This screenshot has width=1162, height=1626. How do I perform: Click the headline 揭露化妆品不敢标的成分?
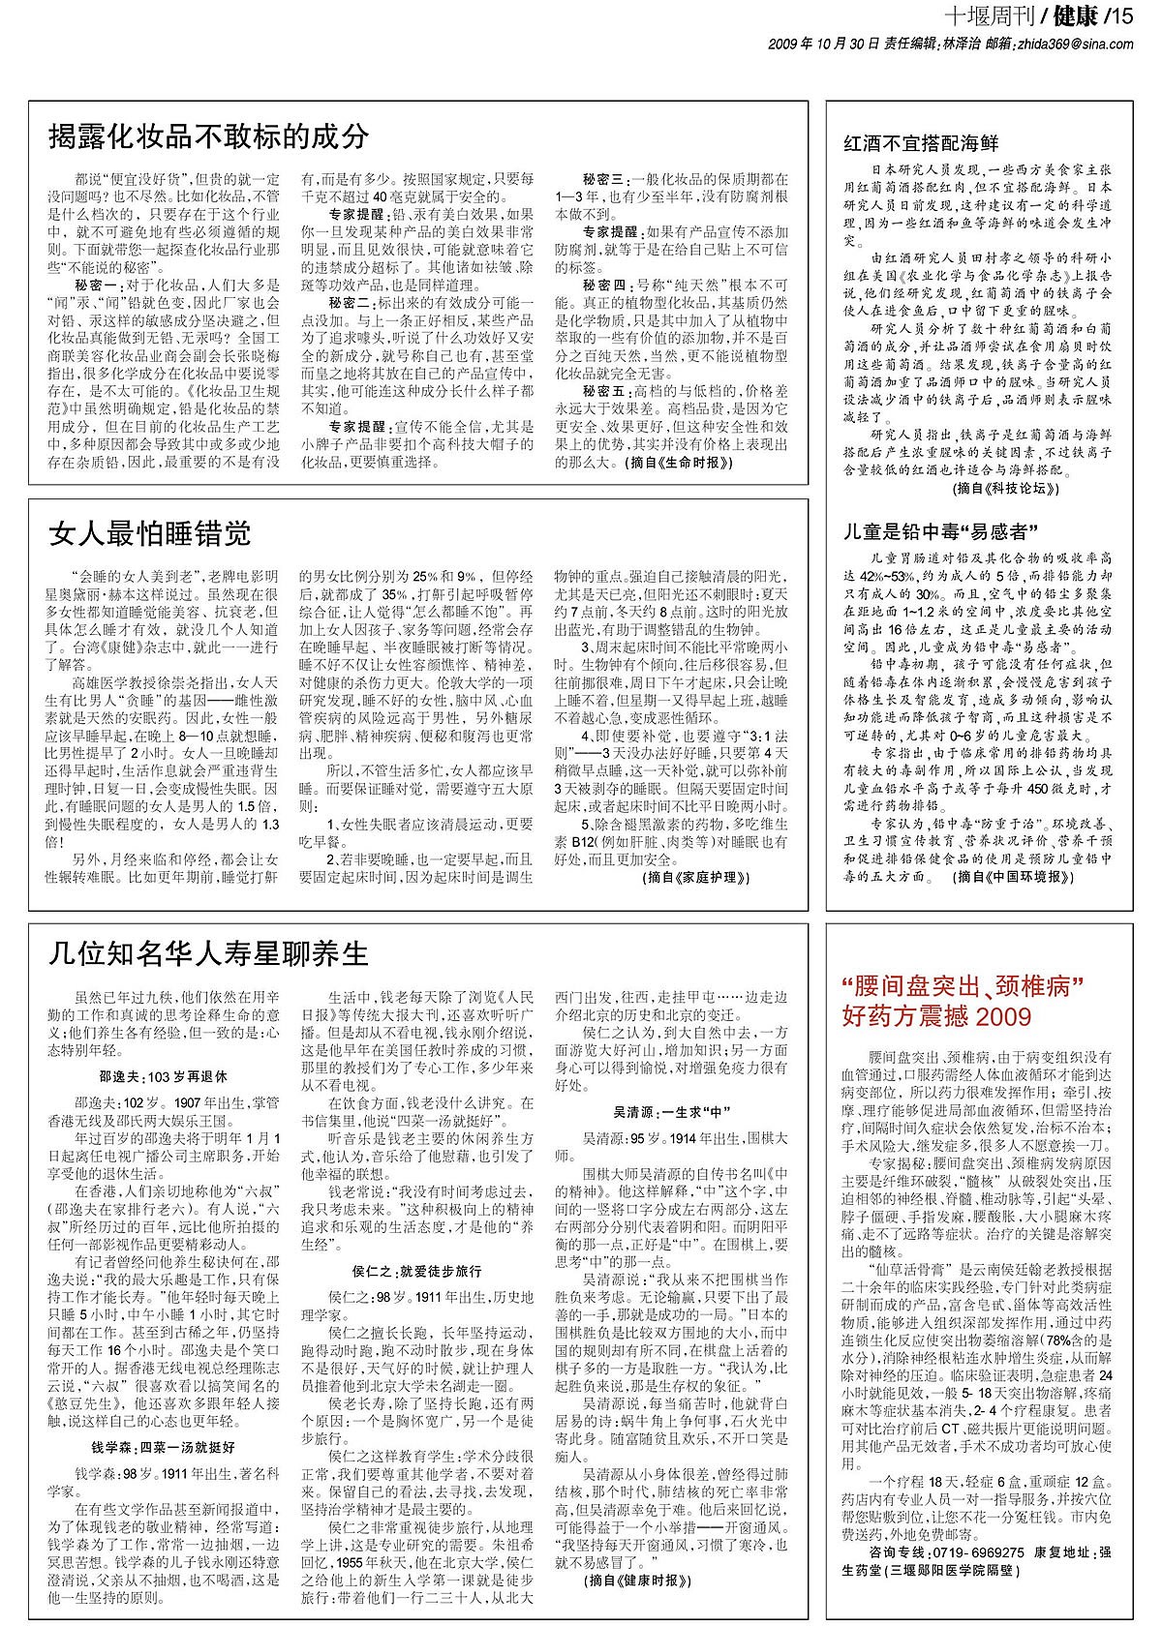[x=209, y=136]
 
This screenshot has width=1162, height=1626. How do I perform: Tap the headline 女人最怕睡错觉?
[x=150, y=533]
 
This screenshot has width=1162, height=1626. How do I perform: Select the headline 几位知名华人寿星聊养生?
[x=209, y=954]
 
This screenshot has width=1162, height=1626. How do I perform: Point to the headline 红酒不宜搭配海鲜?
[x=921, y=144]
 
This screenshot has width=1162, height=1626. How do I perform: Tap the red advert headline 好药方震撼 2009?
[x=937, y=1016]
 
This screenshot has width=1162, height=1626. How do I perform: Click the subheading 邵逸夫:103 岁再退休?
[x=163, y=1075]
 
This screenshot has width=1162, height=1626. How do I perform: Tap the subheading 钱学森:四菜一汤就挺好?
[x=163, y=1448]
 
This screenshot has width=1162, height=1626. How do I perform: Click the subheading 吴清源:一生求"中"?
[x=671, y=1112]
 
